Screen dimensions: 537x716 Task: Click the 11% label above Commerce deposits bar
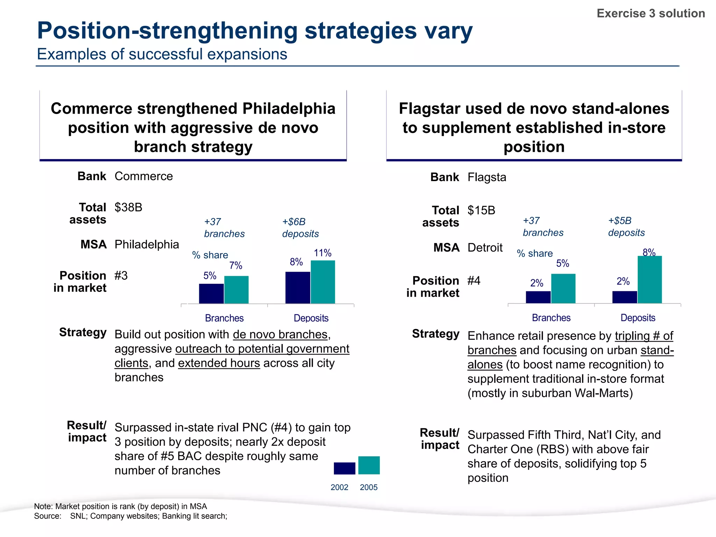[x=322, y=253]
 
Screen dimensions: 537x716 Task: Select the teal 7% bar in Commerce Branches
[x=236, y=289]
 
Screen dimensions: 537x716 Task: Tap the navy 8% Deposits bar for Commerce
[x=298, y=287]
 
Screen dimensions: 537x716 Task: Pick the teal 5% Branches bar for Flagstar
[x=563, y=288]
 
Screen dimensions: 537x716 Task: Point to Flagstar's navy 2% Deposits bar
[x=624, y=297]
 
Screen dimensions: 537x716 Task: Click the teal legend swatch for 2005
[x=369, y=465]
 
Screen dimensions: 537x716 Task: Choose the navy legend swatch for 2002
[x=344, y=468]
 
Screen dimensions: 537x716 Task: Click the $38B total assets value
[x=128, y=207]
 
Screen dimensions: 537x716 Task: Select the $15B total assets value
[x=481, y=210]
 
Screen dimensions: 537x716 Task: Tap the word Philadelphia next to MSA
[x=147, y=244]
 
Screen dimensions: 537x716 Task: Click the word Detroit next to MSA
[x=485, y=248]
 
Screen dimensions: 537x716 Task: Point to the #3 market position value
[x=121, y=275]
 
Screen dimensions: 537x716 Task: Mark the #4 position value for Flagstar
[x=474, y=280]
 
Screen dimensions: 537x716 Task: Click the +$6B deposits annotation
[x=300, y=228]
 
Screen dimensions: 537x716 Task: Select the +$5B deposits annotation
[x=626, y=227]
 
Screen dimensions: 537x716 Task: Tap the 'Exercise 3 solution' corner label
[x=651, y=13]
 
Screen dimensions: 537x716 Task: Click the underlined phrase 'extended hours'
[x=219, y=363]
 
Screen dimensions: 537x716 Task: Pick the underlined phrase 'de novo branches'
[x=280, y=335]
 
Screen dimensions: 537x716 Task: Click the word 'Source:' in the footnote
[x=48, y=516]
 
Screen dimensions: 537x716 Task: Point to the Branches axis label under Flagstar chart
[x=551, y=318]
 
